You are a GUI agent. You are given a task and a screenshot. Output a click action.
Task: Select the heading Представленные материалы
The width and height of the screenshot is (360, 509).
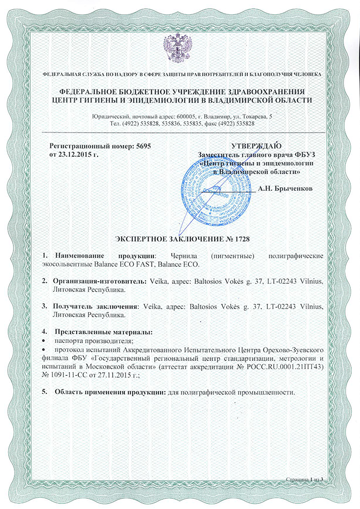point(104,332)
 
